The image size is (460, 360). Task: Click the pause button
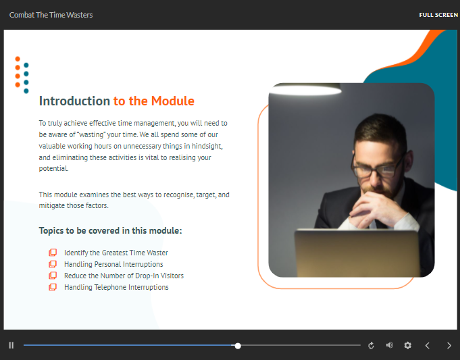11,345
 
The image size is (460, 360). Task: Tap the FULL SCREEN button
438,15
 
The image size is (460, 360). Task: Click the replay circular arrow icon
371,345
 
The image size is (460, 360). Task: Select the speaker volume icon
390,345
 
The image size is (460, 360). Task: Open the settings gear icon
407,345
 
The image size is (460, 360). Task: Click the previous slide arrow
428,345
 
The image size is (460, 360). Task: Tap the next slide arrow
449,345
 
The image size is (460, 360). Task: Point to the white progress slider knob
238,346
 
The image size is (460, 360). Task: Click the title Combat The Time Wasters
51,15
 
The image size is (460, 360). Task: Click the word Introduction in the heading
74,101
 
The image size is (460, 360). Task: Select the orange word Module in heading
173,101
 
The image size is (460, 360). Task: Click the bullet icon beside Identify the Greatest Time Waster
53,253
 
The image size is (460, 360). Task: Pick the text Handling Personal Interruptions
113,264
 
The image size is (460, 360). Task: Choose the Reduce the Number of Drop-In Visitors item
124,276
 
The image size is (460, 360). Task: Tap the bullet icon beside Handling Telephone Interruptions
53,287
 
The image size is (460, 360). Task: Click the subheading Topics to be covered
110,230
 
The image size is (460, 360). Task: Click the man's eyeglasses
378,167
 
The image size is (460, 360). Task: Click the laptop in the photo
357,253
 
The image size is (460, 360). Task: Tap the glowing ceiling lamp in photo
305,89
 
